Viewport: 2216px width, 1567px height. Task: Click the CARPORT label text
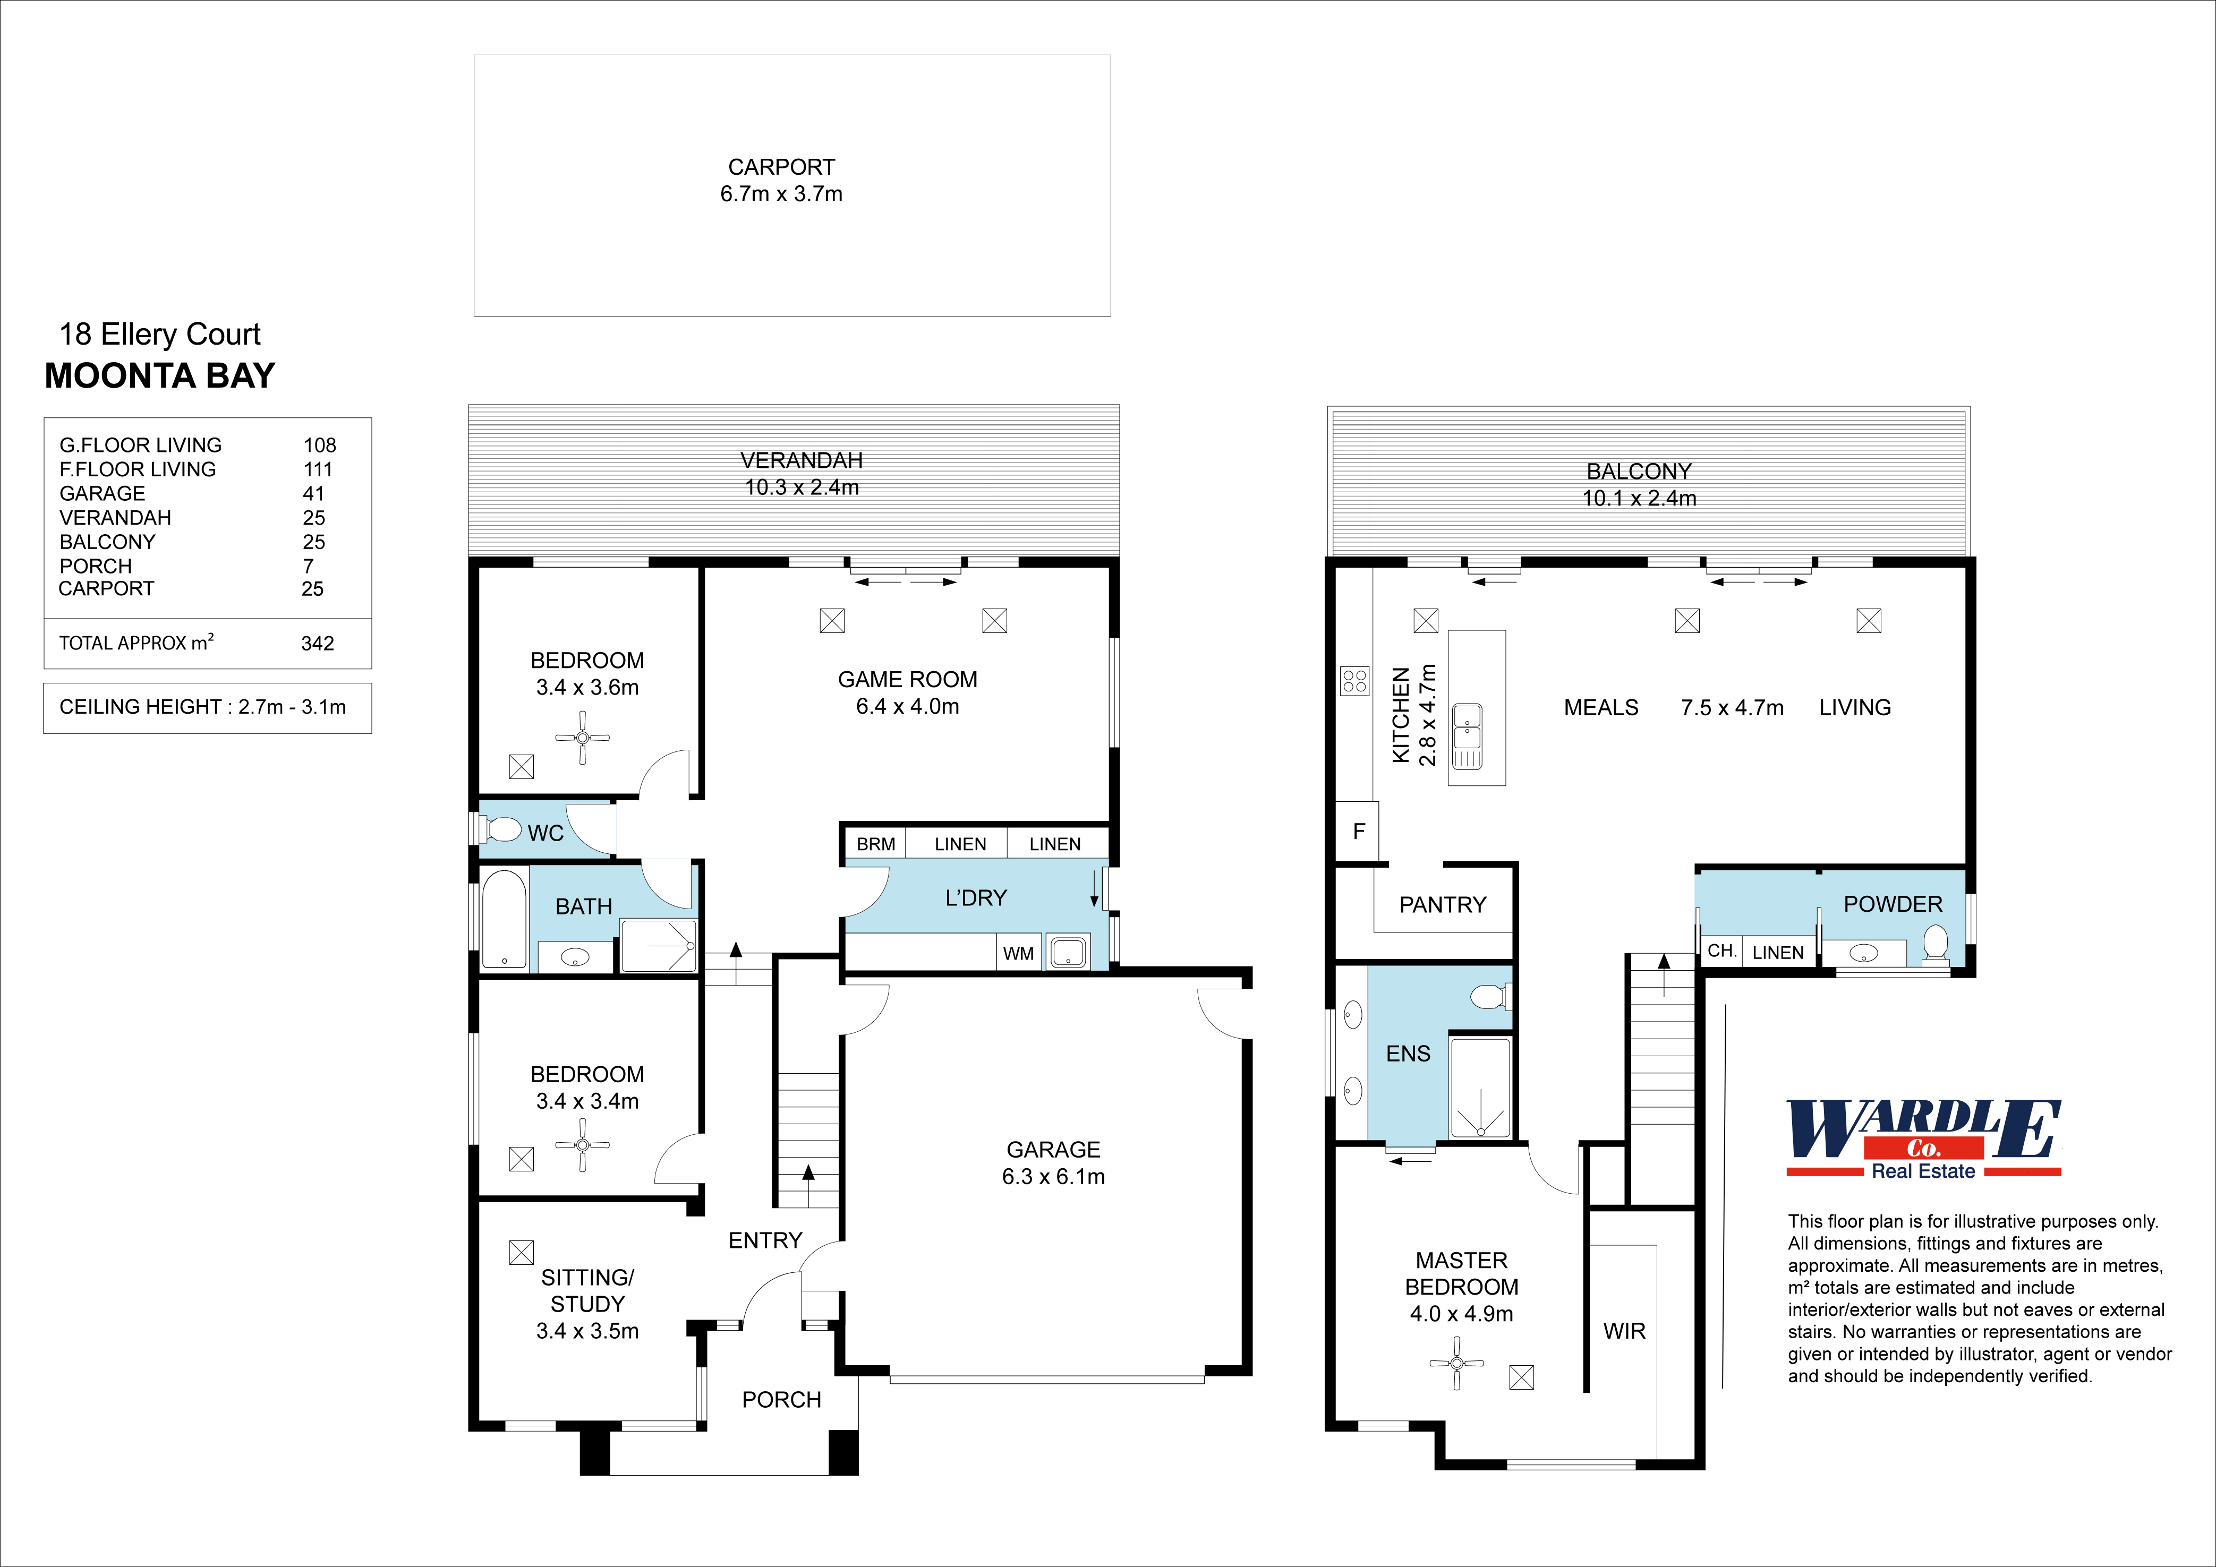point(781,167)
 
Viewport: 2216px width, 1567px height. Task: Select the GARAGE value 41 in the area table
point(314,493)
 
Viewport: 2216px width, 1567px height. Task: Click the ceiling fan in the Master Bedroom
point(1456,1363)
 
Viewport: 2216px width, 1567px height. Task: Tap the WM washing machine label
point(1018,953)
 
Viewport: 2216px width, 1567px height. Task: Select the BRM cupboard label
point(875,844)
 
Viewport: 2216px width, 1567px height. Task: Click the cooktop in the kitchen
point(1354,681)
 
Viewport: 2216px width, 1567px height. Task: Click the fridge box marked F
point(1358,831)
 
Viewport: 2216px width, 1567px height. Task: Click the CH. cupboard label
point(1721,951)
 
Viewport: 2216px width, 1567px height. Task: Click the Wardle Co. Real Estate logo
point(1923,1138)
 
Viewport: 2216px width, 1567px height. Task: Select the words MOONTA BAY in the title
point(160,375)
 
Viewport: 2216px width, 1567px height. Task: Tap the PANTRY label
point(1442,904)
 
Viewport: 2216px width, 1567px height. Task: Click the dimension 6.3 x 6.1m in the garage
point(1053,1176)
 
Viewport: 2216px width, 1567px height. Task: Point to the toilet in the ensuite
point(1490,995)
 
